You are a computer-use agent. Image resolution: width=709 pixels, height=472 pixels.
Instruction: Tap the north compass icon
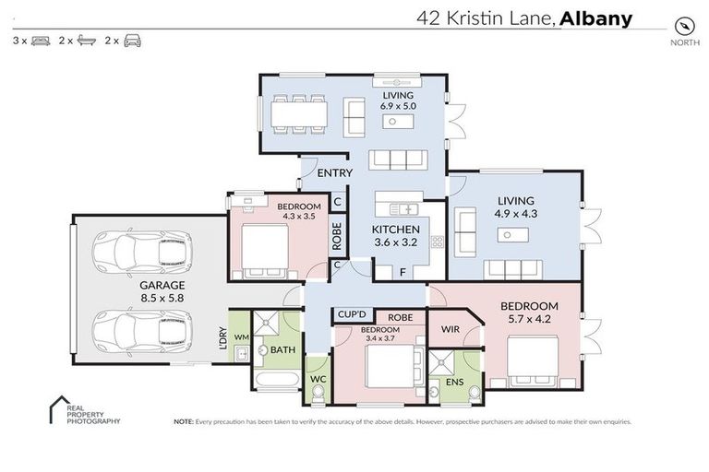[x=684, y=25]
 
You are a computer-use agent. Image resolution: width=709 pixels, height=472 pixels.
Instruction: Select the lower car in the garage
[x=144, y=330]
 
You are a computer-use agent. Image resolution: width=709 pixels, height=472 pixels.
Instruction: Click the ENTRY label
[x=333, y=173]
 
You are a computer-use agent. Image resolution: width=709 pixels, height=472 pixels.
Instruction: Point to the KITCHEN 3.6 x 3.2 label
[x=396, y=237]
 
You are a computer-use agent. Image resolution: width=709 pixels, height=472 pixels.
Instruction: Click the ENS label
[x=453, y=380]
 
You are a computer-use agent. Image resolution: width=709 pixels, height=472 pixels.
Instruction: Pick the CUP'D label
[x=353, y=313]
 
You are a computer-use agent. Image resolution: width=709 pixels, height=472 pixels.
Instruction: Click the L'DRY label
[x=222, y=336]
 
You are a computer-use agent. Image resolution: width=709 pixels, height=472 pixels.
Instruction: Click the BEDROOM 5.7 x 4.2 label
[x=530, y=313]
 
